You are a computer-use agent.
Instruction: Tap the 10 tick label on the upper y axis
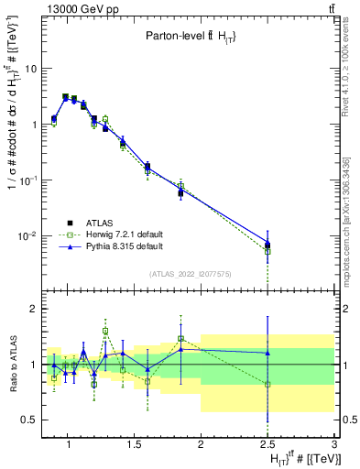pos(31,69)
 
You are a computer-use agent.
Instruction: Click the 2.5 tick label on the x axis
pos(267,445)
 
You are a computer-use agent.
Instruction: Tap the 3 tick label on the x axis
pos(334,445)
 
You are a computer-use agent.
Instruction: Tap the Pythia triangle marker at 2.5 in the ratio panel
pos(267,353)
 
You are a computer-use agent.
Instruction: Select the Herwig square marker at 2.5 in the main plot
pos(267,250)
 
